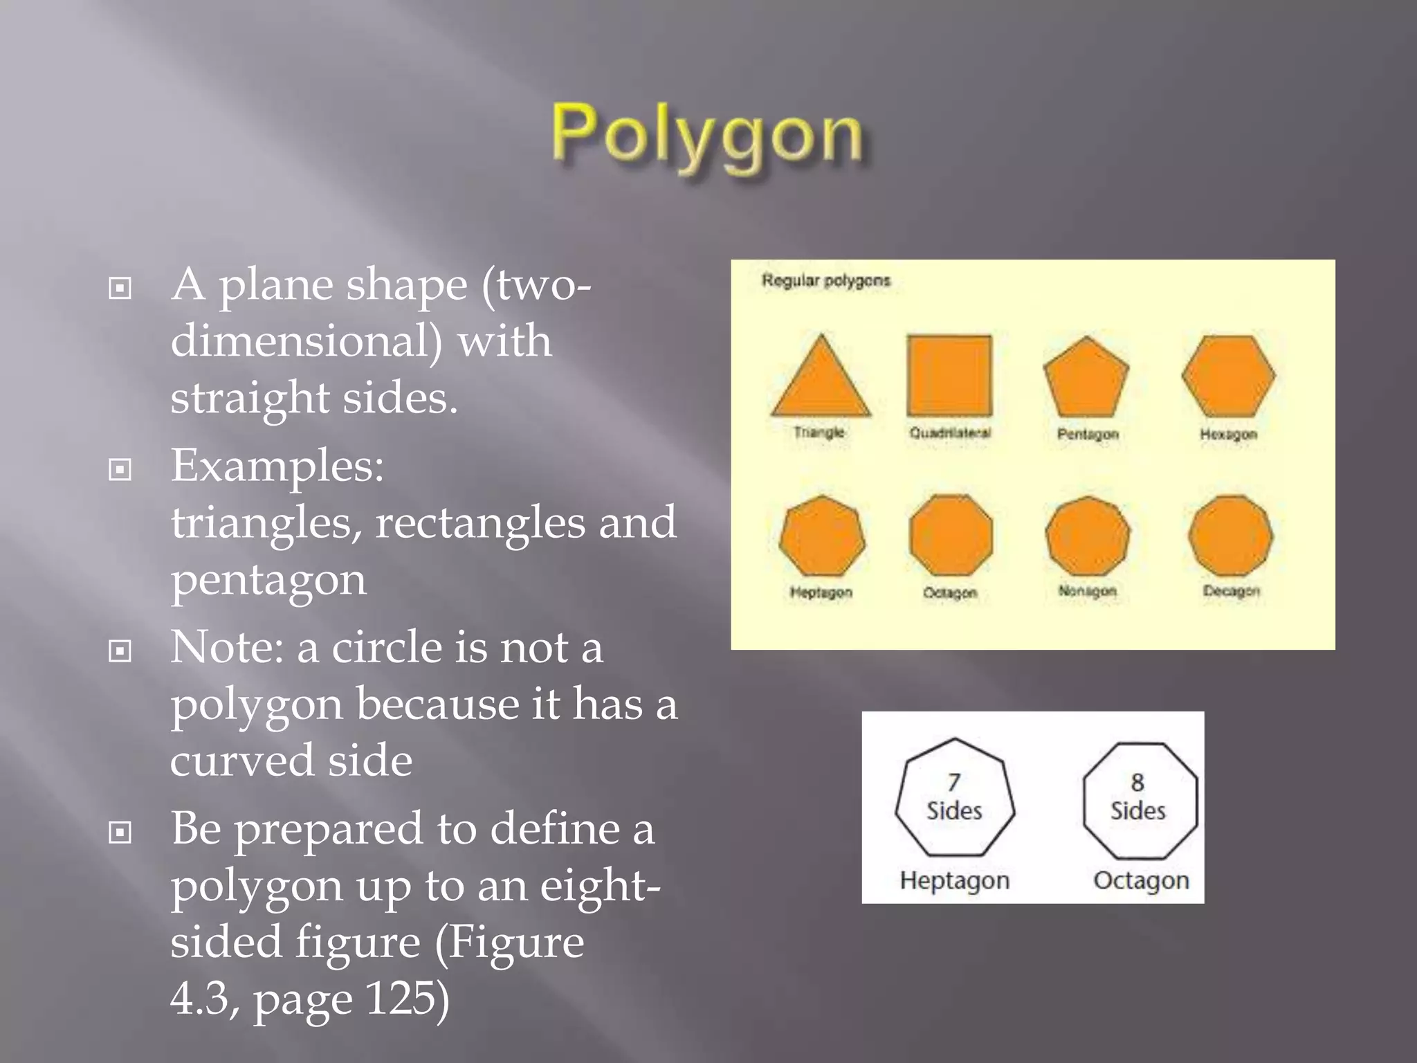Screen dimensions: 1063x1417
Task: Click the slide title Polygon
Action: click(x=707, y=134)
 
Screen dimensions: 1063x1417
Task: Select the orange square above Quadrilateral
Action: click(x=949, y=375)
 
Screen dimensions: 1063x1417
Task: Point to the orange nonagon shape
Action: click(x=1088, y=535)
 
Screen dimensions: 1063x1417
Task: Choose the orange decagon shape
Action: click(x=1230, y=535)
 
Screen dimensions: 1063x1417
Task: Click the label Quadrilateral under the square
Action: click(x=950, y=433)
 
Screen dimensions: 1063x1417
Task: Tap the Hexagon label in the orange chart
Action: click(x=1228, y=434)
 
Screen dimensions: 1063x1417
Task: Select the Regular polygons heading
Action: click(x=825, y=280)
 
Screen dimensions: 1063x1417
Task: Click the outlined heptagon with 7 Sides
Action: click(x=955, y=797)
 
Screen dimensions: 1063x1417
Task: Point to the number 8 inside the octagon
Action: click(x=1137, y=782)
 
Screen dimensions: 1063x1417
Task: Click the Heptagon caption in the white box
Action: click(x=955, y=880)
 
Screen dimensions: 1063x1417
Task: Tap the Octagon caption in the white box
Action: click(x=1141, y=880)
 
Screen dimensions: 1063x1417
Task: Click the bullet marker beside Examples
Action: click(x=120, y=470)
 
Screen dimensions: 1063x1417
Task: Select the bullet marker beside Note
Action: click(x=120, y=651)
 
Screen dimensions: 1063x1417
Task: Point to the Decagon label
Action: click(x=1231, y=591)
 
